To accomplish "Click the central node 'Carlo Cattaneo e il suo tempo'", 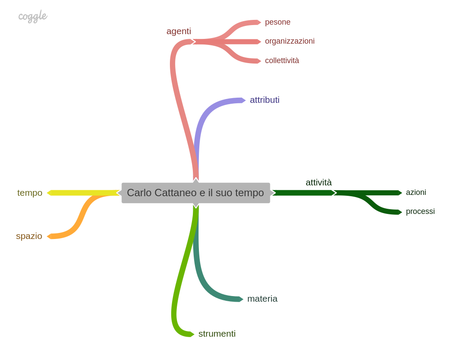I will pyautogui.click(x=195, y=193).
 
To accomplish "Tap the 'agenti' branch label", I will pyautogui.click(x=179, y=31).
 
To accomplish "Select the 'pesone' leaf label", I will pyautogui.click(x=278, y=22).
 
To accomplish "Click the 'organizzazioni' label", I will pyautogui.click(x=290, y=41).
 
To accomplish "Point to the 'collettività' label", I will pyautogui.click(x=282, y=61).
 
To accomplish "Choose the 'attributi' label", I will pyautogui.click(x=265, y=100).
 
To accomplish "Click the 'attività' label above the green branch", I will pyautogui.click(x=319, y=182).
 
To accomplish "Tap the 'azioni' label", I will pyautogui.click(x=416, y=192).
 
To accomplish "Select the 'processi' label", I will pyautogui.click(x=420, y=211).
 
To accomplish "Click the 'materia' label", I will pyautogui.click(x=262, y=299).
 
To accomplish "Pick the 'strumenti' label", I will pyautogui.click(x=217, y=334).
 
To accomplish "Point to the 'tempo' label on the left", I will pyautogui.click(x=30, y=193).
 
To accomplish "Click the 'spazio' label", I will pyautogui.click(x=29, y=236).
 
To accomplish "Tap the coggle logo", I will pyautogui.click(x=32, y=16).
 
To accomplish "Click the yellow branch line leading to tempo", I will pyautogui.click(x=82, y=193).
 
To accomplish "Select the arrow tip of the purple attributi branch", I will pyautogui.click(x=243, y=100).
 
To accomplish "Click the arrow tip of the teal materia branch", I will pyautogui.click(x=241, y=299).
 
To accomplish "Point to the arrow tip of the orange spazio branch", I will pyautogui.click(x=49, y=236).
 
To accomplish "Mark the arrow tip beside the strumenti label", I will pyautogui.click(x=192, y=334).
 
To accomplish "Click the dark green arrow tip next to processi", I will pyautogui.click(x=400, y=212).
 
